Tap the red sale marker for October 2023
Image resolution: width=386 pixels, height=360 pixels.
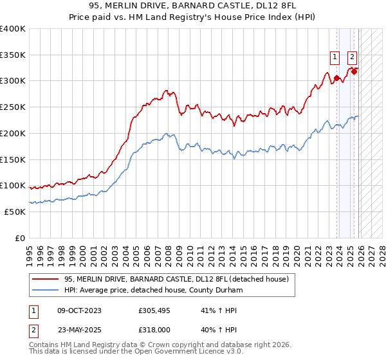(336, 78)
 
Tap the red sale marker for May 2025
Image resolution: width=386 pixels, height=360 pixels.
(354, 71)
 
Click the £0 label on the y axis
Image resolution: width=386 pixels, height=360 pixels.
(19, 238)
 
